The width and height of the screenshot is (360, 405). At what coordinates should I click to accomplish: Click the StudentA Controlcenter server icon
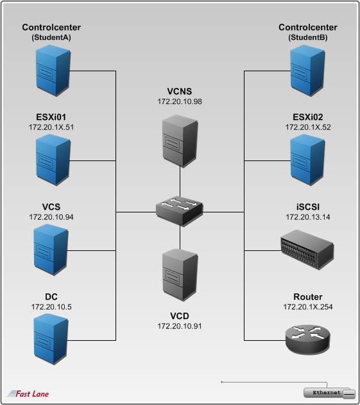[x=53, y=71]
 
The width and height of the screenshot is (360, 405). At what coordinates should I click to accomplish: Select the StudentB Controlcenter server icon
[x=307, y=71]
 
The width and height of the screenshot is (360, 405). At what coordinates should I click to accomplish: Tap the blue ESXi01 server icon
[x=53, y=160]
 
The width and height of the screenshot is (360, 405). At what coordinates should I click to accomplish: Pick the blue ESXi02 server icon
[x=307, y=160]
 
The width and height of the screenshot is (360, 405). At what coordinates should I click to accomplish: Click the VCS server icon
[x=51, y=250]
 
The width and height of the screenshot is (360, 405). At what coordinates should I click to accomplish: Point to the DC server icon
[x=51, y=340]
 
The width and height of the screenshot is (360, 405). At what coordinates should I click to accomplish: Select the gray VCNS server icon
[x=180, y=141]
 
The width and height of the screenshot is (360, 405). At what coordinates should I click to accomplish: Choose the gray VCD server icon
[x=180, y=275]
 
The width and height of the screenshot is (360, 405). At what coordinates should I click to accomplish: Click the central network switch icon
[x=180, y=212]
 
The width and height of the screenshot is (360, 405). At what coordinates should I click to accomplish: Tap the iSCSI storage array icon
[x=307, y=250]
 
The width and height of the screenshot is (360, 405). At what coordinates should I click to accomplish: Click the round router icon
[x=307, y=340]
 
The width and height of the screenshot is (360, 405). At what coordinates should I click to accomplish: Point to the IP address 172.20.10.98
[x=180, y=101]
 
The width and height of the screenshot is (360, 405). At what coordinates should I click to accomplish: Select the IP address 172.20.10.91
[x=180, y=326]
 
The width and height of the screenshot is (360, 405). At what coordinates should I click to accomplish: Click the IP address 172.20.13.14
[x=308, y=217]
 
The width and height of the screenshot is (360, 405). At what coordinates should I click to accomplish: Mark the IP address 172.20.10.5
[x=51, y=307]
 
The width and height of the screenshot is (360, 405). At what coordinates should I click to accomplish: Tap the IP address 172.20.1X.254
[x=308, y=307]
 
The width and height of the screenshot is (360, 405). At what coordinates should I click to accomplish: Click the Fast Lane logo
[x=28, y=393]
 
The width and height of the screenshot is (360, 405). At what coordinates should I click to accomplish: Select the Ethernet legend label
[x=327, y=393]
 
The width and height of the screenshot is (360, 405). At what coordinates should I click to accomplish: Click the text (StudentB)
[x=308, y=37]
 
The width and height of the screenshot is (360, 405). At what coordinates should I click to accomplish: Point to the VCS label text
[x=51, y=207]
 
